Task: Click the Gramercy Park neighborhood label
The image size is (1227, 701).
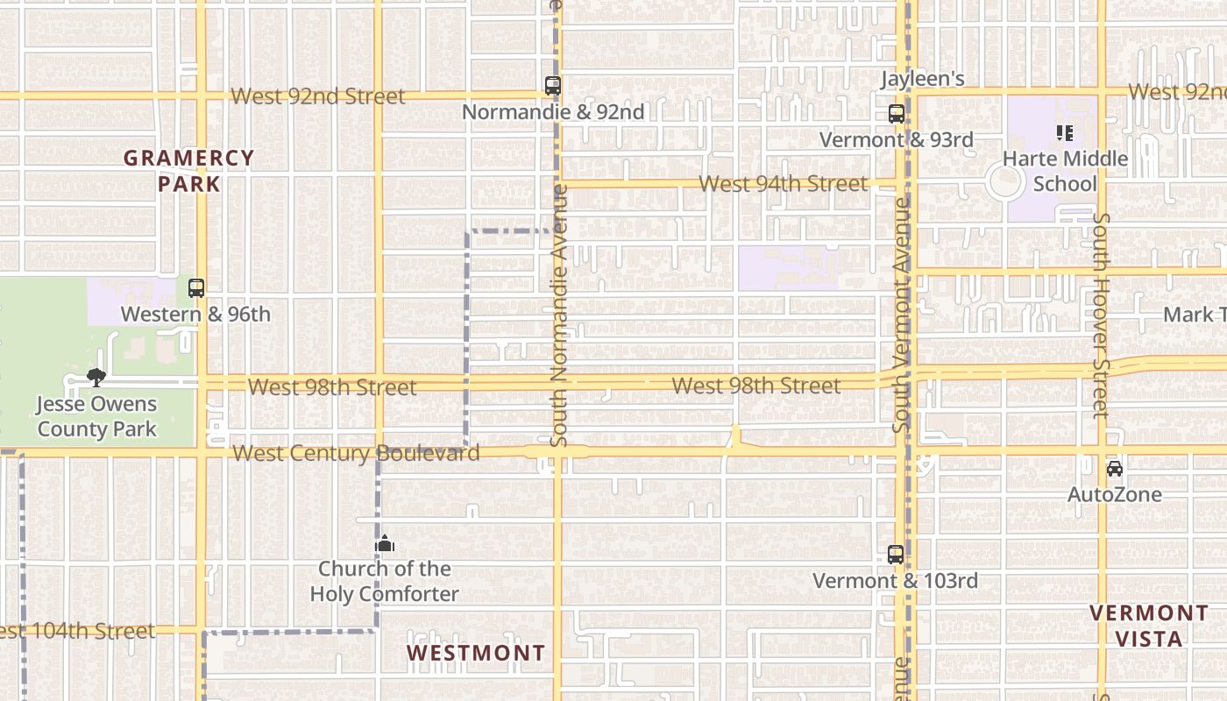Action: click(188, 171)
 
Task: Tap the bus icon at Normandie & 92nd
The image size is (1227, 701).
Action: click(552, 86)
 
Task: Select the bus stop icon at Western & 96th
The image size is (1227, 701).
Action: click(196, 288)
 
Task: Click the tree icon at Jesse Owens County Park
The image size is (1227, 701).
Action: click(96, 378)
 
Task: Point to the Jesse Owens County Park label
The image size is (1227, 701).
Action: click(96, 417)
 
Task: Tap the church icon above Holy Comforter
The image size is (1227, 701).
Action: click(385, 544)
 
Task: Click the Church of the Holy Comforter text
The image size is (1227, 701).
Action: click(384, 582)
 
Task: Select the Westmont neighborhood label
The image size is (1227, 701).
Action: click(476, 654)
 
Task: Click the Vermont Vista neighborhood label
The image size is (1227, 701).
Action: click(1148, 626)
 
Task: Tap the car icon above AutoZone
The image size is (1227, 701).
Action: click(1114, 469)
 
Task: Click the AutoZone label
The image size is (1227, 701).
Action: click(1114, 495)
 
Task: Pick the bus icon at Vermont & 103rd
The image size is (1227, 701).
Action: click(895, 555)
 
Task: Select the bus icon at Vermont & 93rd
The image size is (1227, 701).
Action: click(896, 114)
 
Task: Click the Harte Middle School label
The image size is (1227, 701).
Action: click(1064, 171)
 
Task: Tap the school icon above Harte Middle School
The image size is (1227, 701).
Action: click(1064, 133)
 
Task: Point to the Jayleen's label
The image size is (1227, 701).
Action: click(922, 79)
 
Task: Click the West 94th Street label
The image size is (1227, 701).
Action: click(784, 184)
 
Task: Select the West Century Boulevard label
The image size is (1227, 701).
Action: click(357, 453)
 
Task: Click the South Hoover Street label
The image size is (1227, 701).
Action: click(1102, 315)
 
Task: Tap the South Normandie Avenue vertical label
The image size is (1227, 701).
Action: click(558, 315)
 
